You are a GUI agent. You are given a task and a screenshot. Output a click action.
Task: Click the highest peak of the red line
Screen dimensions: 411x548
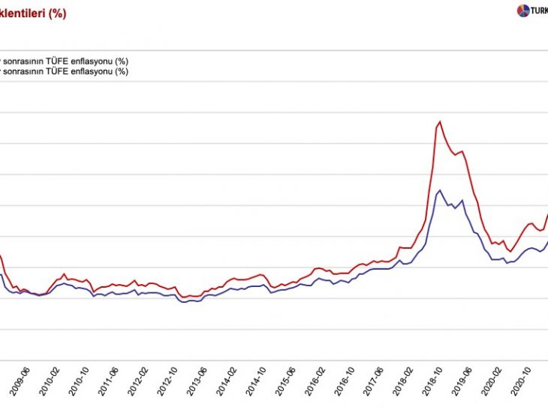coord(439,122)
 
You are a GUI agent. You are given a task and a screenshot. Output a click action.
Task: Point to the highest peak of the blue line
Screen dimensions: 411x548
coord(439,190)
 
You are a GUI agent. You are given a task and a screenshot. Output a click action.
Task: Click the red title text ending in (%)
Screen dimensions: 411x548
coord(33,14)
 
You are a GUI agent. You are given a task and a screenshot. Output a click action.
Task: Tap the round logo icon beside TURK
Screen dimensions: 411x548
coord(523,11)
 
